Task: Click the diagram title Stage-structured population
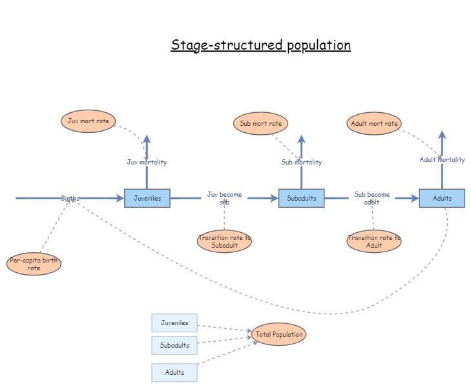(x=260, y=45)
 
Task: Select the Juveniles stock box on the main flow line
(x=147, y=198)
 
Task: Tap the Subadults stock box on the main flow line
(x=301, y=198)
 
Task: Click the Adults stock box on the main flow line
(x=442, y=198)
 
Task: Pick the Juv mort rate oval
(x=88, y=121)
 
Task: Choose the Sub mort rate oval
(x=260, y=123)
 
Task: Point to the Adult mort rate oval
(x=374, y=123)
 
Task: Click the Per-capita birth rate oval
(x=34, y=264)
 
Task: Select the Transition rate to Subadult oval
(x=224, y=241)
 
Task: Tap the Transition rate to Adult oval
(x=374, y=241)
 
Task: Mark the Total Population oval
(x=278, y=334)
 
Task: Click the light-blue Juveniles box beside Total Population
(x=174, y=322)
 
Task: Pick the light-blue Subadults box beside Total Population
(x=174, y=345)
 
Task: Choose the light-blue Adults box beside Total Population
(x=174, y=372)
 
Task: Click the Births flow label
(x=70, y=198)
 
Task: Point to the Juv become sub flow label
(x=224, y=197)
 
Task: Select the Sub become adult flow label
(x=372, y=197)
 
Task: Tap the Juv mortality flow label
(x=147, y=162)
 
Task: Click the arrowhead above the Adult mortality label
(x=442, y=135)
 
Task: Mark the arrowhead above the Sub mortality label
(x=301, y=139)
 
